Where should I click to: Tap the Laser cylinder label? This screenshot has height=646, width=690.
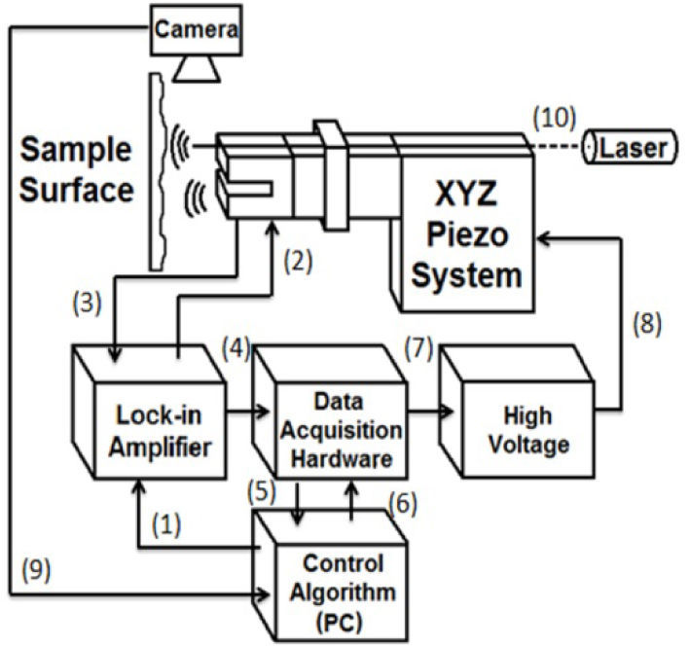pos(630,148)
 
